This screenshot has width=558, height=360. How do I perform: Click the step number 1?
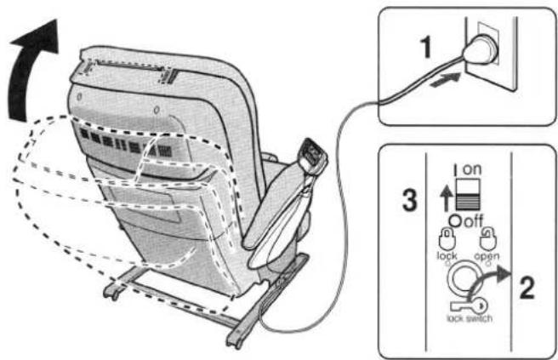(x=425, y=48)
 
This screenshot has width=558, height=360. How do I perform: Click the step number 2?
(x=527, y=288)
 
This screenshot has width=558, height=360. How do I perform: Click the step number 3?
(x=410, y=200)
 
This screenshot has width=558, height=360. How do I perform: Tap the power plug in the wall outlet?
(x=479, y=50)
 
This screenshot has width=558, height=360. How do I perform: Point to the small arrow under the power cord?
(x=445, y=80)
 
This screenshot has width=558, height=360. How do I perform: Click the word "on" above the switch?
(x=472, y=169)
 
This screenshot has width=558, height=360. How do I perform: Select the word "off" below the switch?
(x=473, y=221)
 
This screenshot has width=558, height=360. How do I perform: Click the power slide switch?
(x=469, y=194)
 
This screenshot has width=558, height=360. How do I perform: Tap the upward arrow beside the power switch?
(x=446, y=200)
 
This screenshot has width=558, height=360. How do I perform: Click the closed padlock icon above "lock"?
(x=447, y=240)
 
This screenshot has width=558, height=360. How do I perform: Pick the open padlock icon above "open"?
(x=488, y=239)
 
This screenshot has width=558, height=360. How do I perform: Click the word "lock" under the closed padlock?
(x=447, y=256)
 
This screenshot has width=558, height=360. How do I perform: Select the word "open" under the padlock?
(x=487, y=256)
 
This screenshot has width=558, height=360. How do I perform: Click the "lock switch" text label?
(x=470, y=318)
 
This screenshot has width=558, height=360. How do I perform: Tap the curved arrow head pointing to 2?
(x=504, y=275)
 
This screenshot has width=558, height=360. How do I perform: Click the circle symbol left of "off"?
(x=455, y=221)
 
